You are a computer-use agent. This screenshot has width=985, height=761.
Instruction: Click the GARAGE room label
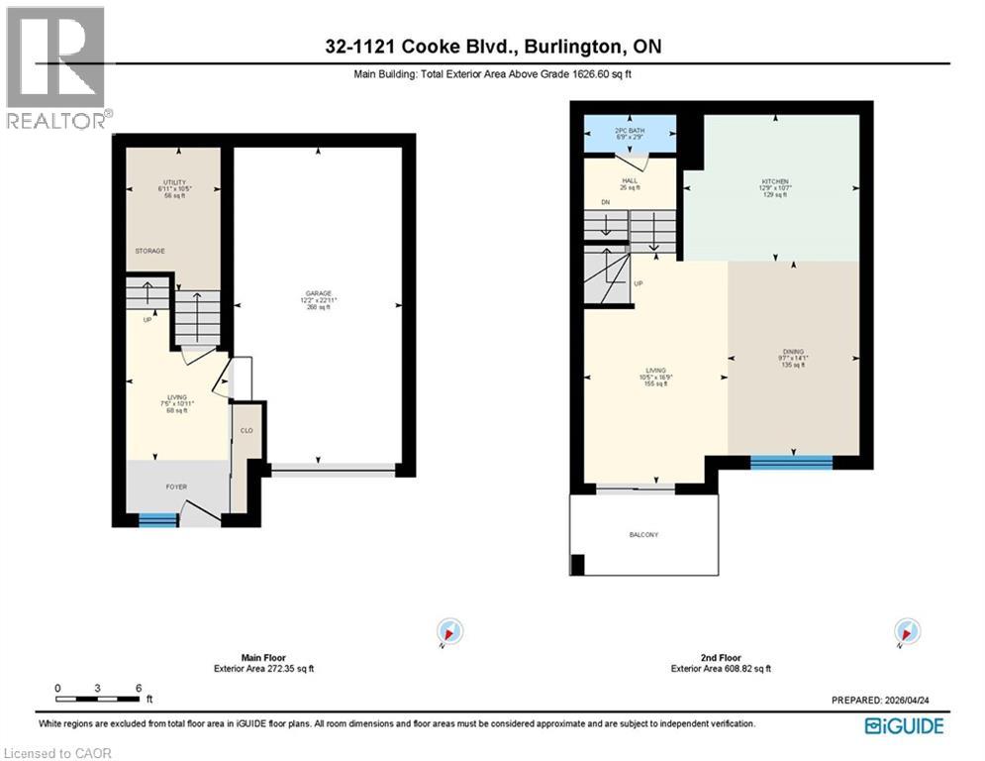318,293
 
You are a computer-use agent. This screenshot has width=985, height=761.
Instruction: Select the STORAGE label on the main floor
150,251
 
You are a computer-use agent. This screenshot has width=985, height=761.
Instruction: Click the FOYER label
175,487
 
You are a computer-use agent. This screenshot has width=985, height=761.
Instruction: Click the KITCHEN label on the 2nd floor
774,182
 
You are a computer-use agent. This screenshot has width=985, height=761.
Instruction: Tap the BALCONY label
643,535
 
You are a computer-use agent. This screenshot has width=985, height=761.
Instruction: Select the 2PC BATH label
630,131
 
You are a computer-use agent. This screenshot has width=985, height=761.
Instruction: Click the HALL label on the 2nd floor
630,180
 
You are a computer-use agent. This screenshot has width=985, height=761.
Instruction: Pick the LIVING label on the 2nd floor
655,371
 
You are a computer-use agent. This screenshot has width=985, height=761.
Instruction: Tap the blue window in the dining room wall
791,461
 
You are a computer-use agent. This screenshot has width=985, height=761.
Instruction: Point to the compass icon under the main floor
450,631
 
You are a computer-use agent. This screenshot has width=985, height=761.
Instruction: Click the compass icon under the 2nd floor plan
907,631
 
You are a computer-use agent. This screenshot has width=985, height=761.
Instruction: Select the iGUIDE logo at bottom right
903,726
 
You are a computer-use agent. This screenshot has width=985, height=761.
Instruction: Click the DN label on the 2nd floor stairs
606,202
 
